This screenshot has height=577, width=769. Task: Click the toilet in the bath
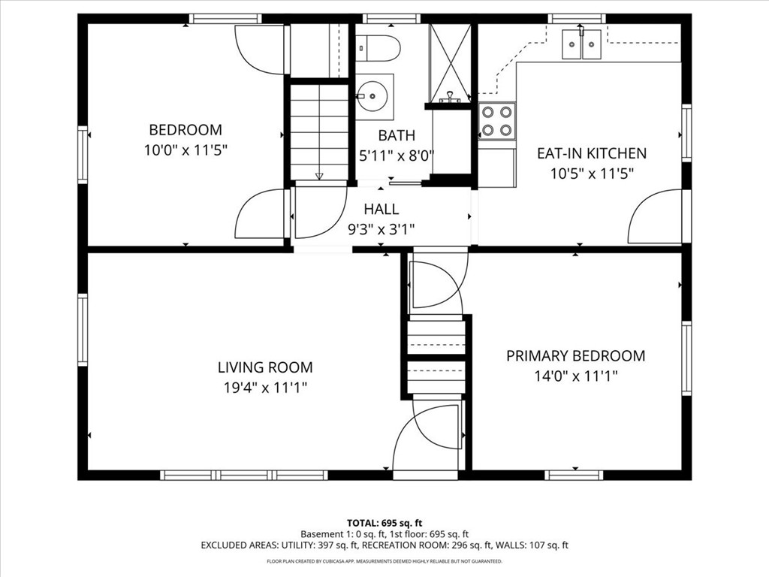378,48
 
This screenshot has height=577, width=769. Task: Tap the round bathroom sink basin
372,96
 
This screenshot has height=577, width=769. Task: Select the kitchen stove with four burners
497,121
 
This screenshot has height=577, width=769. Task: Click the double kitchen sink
582,44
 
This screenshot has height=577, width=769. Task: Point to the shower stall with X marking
450,63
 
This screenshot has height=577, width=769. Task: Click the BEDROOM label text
185,130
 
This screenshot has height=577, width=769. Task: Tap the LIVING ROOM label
265,367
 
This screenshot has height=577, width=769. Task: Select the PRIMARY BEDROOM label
576,355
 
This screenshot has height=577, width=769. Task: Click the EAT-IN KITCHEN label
592,153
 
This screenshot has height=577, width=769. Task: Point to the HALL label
381,209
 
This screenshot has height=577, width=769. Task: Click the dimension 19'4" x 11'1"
265,388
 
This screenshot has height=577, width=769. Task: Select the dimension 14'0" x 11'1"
576,376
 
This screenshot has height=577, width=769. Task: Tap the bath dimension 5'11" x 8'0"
397,156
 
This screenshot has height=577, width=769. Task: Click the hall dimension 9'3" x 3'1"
381,229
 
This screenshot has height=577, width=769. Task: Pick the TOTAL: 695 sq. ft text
384,523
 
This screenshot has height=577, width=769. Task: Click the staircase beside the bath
320,132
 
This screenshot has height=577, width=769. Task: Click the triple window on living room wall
244,475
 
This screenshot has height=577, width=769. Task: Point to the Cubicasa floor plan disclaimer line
384,561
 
